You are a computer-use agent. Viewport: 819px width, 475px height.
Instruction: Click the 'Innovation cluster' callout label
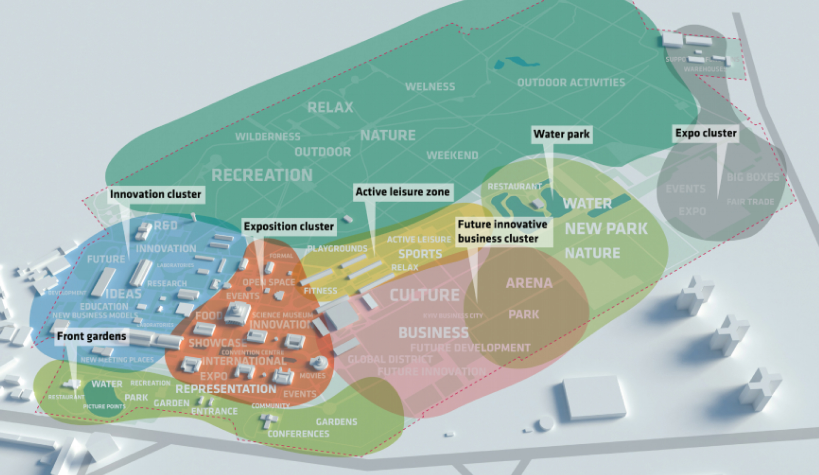(x=156, y=194)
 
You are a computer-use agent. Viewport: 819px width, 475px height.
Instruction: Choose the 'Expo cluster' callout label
(x=706, y=133)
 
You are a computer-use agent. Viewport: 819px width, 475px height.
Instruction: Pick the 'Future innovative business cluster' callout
(x=502, y=231)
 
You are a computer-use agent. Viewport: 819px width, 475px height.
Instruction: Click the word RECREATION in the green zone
(x=262, y=175)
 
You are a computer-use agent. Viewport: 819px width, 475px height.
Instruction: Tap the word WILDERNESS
(x=268, y=137)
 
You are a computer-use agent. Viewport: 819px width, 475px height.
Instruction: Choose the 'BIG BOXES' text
(x=753, y=177)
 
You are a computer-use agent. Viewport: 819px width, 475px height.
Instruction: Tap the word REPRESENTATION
(x=226, y=389)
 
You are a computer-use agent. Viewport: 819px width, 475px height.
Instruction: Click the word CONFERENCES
(x=298, y=434)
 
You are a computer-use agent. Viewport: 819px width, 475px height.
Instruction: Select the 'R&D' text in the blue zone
(x=166, y=225)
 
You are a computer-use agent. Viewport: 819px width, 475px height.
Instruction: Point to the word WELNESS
(x=430, y=86)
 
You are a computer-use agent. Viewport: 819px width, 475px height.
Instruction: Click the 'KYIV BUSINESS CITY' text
(x=453, y=316)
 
